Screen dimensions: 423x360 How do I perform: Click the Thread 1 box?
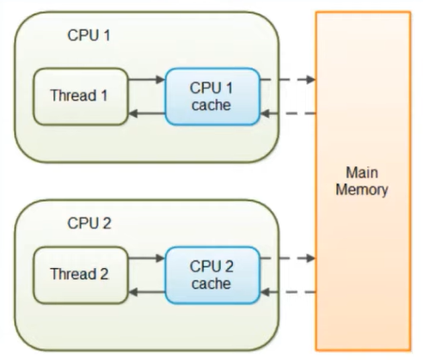[81, 96]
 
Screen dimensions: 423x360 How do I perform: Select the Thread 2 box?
[81, 275]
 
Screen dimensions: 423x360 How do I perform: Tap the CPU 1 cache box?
[212, 96]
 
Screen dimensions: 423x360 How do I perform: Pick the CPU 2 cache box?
[212, 275]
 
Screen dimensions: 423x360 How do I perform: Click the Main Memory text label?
[362, 181]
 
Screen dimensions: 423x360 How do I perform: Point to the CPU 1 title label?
[89, 35]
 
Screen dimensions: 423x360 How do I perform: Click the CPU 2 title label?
[89, 223]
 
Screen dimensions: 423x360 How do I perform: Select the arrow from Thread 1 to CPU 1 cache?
[146, 79]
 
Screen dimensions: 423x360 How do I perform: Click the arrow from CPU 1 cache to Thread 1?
[146, 113]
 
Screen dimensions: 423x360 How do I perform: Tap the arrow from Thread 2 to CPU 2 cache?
[146, 258]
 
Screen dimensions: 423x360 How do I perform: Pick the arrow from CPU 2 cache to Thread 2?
[146, 292]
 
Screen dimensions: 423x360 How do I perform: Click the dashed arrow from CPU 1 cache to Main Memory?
[288, 79]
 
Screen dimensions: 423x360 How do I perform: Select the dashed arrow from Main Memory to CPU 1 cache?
[288, 113]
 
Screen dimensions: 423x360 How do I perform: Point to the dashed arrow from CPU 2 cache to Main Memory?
[288, 258]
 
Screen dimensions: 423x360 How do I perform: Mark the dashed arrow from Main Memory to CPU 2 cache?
[288, 292]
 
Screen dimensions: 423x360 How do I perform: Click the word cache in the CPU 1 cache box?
[211, 105]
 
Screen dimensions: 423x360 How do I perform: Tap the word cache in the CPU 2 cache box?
[211, 284]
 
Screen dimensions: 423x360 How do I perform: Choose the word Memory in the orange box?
[362, 190]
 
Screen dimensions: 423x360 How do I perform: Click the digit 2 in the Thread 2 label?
[104, 274]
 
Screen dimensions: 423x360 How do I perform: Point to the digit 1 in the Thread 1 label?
[104, 95]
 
